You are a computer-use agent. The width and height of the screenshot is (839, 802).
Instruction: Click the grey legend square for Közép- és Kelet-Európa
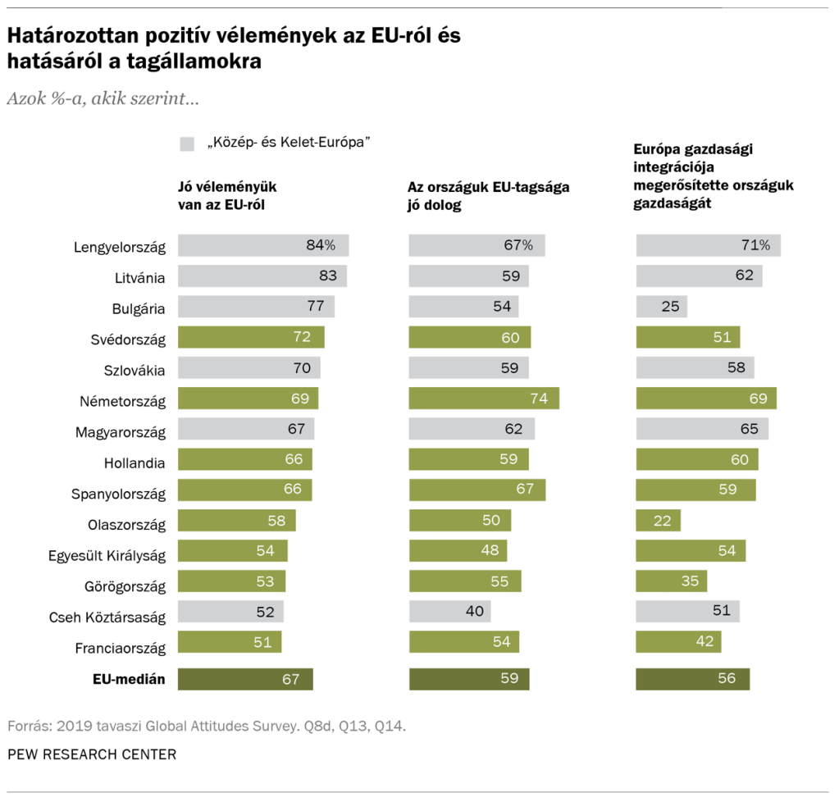(x=186, y=144)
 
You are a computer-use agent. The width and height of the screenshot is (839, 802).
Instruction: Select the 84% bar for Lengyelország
(x=262, y=245)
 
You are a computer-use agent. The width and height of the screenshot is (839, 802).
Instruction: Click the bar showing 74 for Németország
(x=484, y=399)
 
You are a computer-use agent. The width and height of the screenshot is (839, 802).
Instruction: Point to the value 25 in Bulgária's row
(x=669, y=307)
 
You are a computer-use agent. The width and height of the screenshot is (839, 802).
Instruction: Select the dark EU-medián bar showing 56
(x=693, y=678)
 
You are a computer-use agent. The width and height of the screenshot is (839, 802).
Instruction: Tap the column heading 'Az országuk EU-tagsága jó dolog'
(x=488, y=196)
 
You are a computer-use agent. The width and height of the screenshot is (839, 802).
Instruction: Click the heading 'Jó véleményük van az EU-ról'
(x=233, y=196)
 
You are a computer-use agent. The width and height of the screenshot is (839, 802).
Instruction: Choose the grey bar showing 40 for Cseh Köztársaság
(x=449, y=611)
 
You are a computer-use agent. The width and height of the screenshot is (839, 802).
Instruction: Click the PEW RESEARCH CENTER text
(x=92, y=754)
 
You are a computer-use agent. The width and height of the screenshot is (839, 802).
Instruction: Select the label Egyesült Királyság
(x=107, y=556)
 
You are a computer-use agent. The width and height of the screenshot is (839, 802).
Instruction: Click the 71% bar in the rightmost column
(x=708, y=245)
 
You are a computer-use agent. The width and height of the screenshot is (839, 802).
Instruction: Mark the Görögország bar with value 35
(x=671, y=581)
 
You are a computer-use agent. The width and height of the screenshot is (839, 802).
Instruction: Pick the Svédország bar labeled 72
(x=251, y=338)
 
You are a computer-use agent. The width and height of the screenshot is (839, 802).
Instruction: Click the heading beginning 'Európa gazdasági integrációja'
(x=714, y=175)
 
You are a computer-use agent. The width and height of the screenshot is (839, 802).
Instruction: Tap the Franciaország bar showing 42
(x=678, y=641)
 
